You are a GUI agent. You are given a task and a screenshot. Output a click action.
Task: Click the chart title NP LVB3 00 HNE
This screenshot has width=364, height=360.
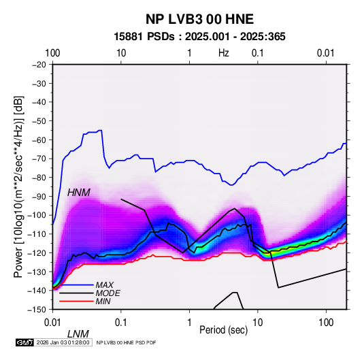click(199, 19)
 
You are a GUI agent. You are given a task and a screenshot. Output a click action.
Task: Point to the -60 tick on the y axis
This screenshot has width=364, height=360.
click(39, 140)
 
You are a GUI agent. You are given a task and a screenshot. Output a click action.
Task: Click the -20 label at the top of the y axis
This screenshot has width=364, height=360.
click(39, 65)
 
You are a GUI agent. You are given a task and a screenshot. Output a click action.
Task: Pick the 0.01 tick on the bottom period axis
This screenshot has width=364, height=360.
click(52, 323)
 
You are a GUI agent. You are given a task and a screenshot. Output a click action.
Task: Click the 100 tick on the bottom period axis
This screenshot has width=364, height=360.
click(326, 323)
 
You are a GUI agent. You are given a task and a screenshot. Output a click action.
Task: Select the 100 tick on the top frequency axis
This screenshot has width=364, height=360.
click(52, 53)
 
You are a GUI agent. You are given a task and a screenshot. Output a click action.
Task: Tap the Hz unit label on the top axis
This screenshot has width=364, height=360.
click(224, 53)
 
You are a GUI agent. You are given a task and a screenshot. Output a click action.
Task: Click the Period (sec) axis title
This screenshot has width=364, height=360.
click(224, 330)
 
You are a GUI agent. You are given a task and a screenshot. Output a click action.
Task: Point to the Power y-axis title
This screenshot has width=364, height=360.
click(18, 186)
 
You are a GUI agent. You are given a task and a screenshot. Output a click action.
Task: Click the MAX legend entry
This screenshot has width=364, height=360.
click(105, 284)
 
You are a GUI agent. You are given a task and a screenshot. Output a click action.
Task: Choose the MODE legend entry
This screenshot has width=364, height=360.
click(107, 293)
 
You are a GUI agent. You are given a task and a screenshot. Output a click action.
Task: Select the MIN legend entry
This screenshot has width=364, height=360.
click(103, 301)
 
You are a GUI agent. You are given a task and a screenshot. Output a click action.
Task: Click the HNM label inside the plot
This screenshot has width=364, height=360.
click(79, 193)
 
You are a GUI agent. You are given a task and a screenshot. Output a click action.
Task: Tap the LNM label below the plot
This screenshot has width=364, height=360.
click(78, 334)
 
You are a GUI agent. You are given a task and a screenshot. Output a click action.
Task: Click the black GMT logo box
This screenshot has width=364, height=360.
click(25, 342)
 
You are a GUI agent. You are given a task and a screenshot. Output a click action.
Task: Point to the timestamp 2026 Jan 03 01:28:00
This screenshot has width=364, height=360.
click(63, 342)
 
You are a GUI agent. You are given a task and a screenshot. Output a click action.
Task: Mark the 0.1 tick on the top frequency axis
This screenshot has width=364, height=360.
click(258, 53)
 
